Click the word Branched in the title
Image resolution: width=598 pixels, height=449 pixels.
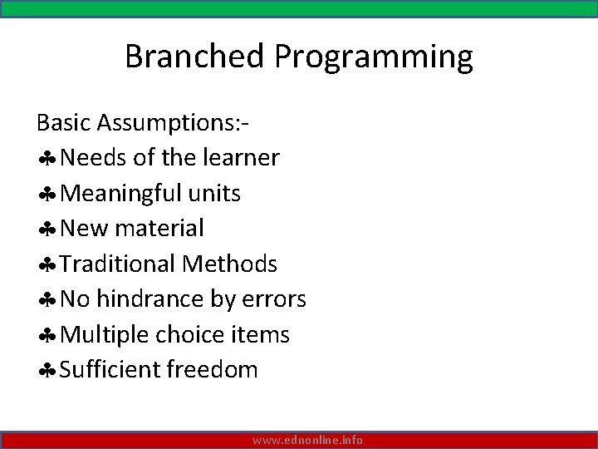pyautogui.click(x=196, y=57)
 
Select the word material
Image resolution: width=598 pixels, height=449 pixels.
pyautogui.click(x=162, y=228)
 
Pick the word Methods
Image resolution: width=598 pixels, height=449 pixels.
pyautogui.click(x=230, y=264)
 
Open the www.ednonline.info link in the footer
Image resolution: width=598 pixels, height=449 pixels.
pyautogui.click(x=307, y=440)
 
